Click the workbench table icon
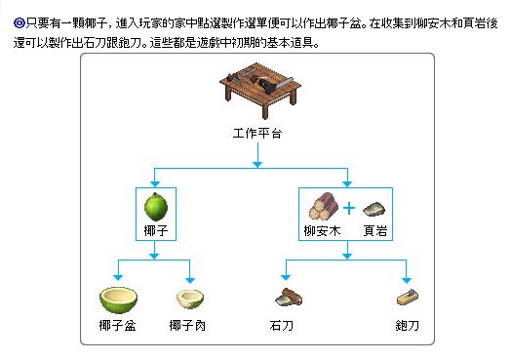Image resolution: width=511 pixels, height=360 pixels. pyautogui.click(x=260, y=91)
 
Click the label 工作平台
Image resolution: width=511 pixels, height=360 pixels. pyautogui.click(x=257, y=134)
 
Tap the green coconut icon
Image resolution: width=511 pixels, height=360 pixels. pyautogui.click(x=156, y=207)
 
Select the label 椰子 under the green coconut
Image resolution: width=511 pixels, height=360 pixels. pyautogui.click(x=156, y=231)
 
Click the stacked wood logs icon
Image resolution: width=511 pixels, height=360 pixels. pyautogui.click(x=324, y=207)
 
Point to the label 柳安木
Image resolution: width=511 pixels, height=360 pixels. pyautogui.click(x=322, y=231)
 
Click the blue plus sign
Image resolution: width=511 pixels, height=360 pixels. pyautogui.click(x=349, y=208)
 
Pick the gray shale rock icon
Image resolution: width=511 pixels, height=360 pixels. pyautogui.click(x=374, y=210)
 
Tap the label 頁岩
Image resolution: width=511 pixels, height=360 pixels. pyautogui.click(x=375, y=231)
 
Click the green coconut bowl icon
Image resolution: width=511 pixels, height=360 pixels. pyautogui.click(x=118, y=300)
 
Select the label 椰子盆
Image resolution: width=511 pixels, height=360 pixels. pyautogui.click(x=117, y=326)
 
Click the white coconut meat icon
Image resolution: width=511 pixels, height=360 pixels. pyautogui.click(x=190, y=300)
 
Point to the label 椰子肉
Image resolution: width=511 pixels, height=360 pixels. pyautogui.click(x=187, y=326)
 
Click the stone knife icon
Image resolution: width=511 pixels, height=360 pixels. pyautogui.click(x=289, y=298)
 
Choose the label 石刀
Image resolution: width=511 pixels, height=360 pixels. pyautogui.click(x=282, y=326)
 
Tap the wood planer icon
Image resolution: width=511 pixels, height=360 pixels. pyautogui.click(x=408, y=298)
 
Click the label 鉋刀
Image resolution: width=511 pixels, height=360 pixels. pyautogui.click(x=408, y=326)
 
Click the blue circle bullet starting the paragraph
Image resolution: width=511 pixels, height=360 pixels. pyautogui.click(x=20, y=23)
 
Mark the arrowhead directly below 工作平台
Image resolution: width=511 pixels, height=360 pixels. pyautogui.click(x=257, y=164)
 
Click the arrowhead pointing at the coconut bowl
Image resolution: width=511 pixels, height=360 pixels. pyautogui.click(x=118, y=277)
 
